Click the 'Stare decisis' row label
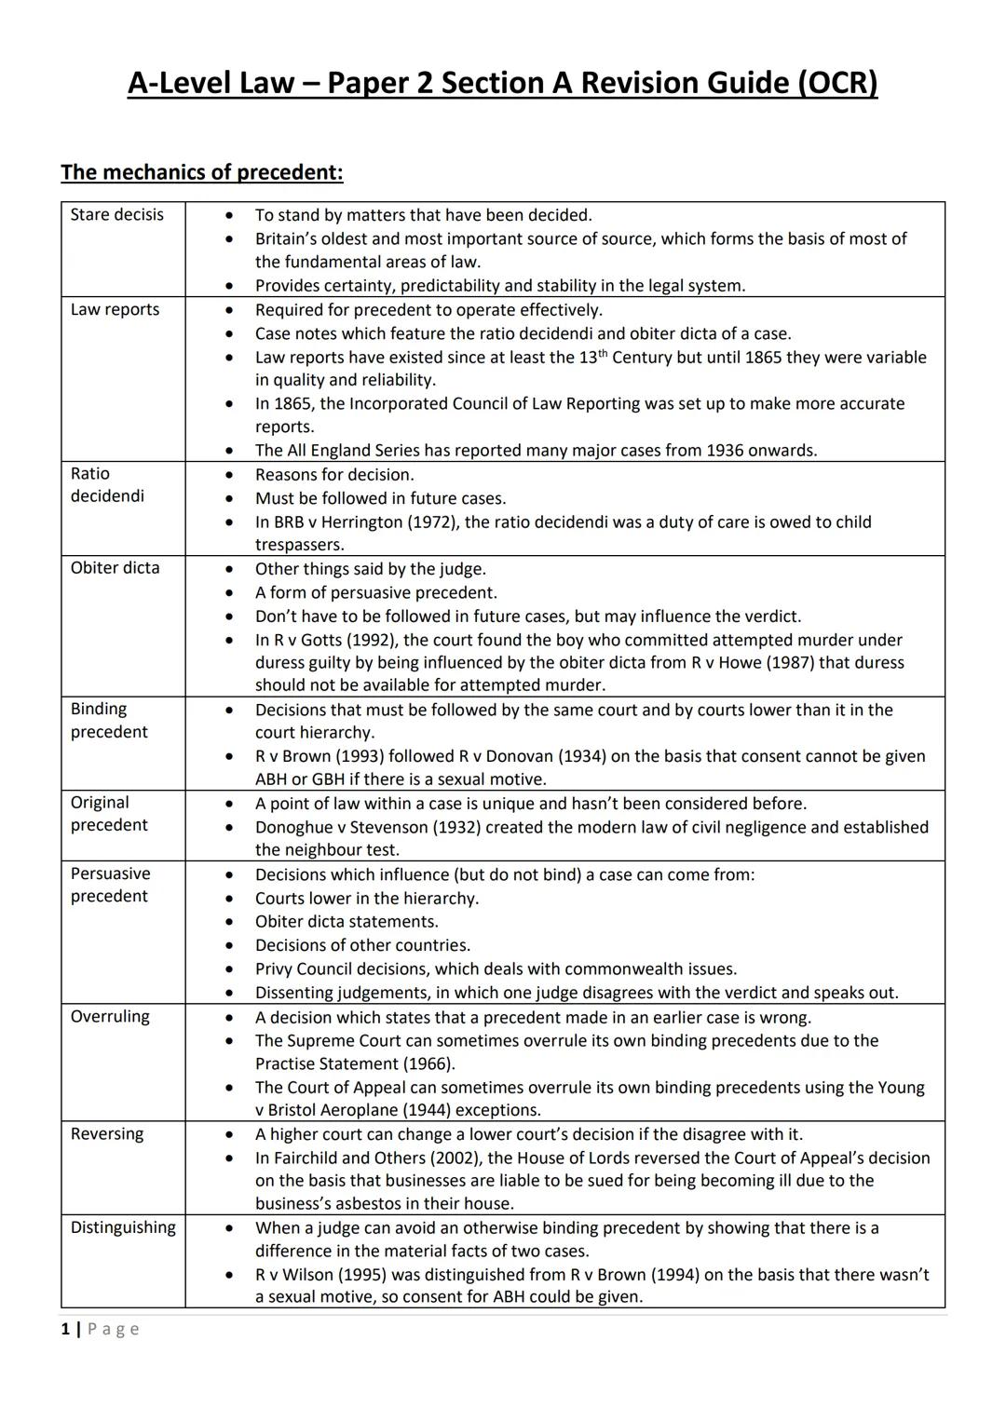[116, 215]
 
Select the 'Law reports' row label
[115, 310]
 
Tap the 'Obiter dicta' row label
[115, 568]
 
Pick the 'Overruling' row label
[110, 1017]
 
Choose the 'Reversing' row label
[107, 1134]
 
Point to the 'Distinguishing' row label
[123, 1227]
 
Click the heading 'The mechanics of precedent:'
[202, 172]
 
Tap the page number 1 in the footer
[65, 1329]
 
